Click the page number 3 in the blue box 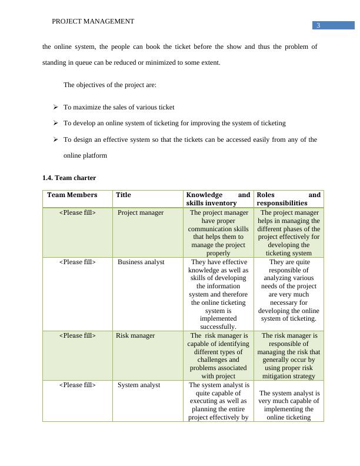318,25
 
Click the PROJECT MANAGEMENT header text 93,21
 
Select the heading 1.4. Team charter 69,177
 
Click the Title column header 124,195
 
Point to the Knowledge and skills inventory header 218,199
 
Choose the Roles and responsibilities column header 288,199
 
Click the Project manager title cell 141,212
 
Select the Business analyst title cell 141,262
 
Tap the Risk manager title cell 135,335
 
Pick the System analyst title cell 139,385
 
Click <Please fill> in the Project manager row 77,212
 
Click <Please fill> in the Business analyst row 77,262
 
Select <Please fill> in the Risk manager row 77,335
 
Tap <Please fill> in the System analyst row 77,385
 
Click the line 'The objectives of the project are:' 110,85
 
